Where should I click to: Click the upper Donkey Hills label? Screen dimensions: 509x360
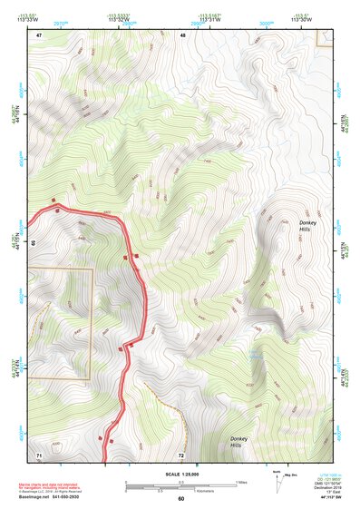point(309,226)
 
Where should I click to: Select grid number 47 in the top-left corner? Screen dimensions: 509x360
point(39,34)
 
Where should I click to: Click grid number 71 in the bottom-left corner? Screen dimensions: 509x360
point(39,453)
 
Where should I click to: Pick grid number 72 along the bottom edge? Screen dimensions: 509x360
point(181,453)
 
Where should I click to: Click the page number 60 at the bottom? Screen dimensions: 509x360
point(180,498)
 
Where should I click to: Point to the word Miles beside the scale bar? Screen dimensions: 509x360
point(241,482)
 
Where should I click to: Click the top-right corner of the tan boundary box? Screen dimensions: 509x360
point(92,269)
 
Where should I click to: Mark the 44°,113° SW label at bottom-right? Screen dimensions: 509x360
point(333,498)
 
